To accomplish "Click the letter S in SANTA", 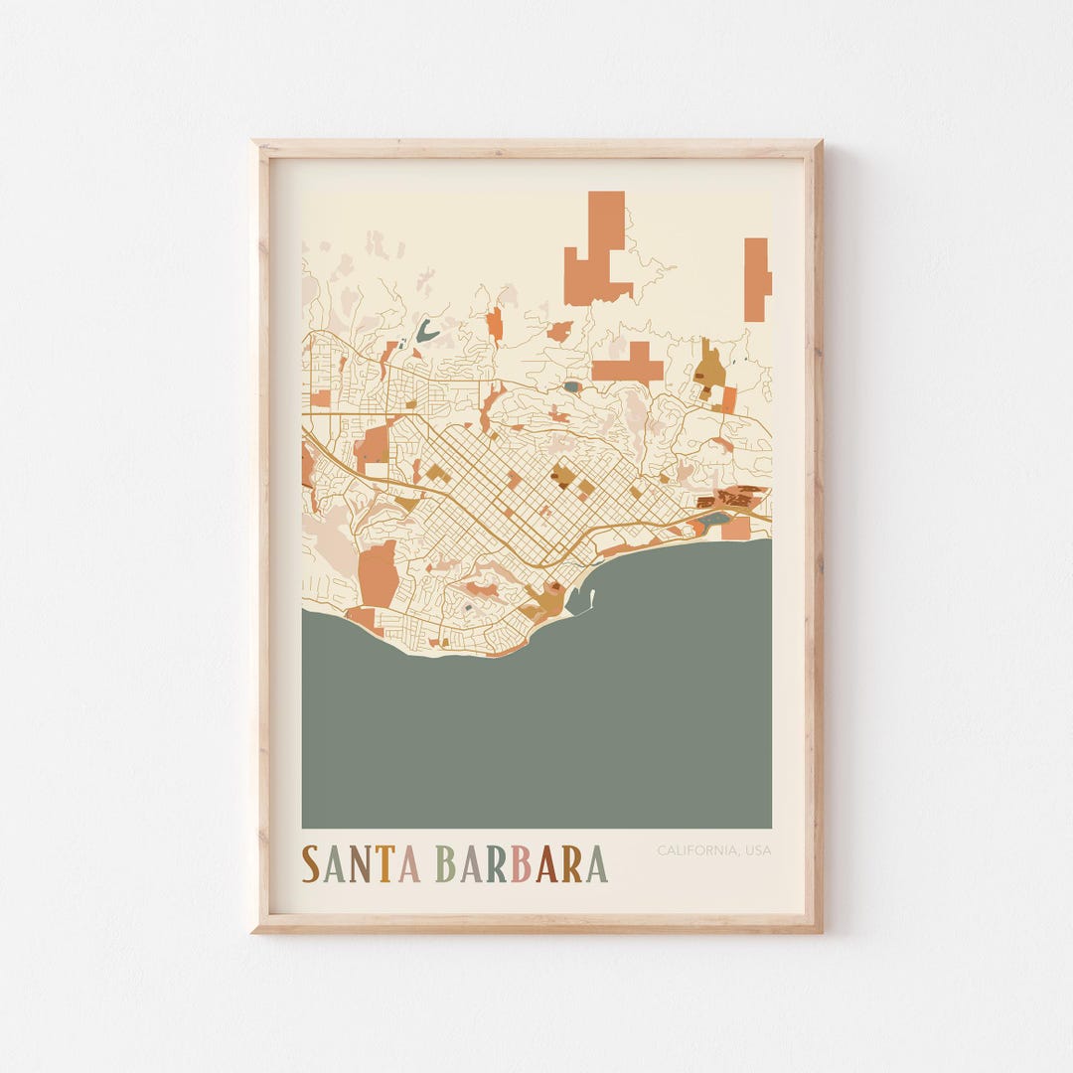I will pos(311,863).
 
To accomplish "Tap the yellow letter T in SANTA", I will pos(385,863).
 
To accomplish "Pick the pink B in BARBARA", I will pos(520,863).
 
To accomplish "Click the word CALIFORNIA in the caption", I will pos(695,850).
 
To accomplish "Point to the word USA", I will pos(758,850).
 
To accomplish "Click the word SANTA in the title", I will pos(361,863).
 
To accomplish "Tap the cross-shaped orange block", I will pos(630,365).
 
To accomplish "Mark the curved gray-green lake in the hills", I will pos(427,330).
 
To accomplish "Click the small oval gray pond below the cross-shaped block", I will pos(571,386).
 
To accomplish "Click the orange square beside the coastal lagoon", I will pos(736,529).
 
